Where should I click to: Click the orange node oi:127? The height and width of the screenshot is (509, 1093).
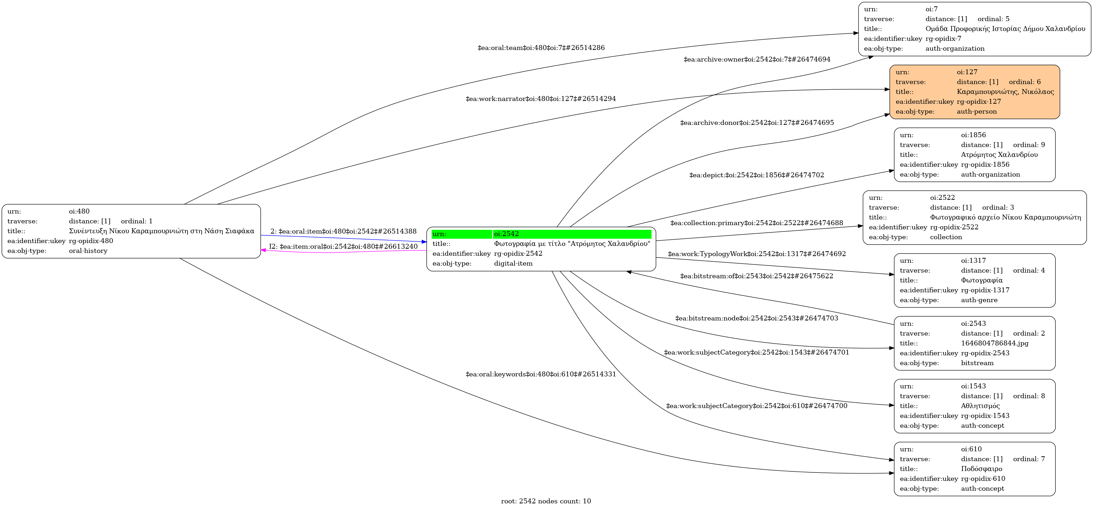point(974,92)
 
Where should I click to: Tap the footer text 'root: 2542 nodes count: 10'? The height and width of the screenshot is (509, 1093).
point(546,501)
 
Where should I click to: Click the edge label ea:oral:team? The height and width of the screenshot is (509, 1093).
point(541,48)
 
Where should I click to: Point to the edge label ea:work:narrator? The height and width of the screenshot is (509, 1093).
point(541,99)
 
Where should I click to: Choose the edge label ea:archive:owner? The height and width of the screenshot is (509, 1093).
point(757,59)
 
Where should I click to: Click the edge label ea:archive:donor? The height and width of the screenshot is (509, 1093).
point(757,123)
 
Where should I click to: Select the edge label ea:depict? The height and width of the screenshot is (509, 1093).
point(756,175)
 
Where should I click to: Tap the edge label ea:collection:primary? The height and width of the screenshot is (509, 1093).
point(756,223)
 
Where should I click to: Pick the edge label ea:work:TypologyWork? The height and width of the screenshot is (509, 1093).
point(756,254)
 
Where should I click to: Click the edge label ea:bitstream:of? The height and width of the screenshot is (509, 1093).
point(756,276)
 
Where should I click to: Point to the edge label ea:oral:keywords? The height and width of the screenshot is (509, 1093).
point(541,374)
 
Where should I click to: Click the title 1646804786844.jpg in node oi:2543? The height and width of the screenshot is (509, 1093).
point(995,343)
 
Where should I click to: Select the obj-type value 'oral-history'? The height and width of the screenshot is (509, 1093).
point(88,251)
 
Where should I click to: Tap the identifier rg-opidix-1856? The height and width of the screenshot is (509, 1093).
point(985,165)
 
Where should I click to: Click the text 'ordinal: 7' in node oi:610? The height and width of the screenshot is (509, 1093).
point(1029,459)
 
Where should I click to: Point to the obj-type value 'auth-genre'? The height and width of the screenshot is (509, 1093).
point(979,300)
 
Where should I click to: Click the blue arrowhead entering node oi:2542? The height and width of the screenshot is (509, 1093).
point(424,242)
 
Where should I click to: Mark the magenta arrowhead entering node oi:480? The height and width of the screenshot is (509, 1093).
point(263,250)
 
